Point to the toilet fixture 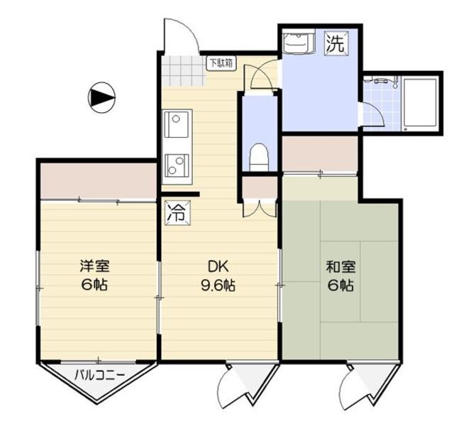click(259, 154)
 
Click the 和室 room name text click(340, 268)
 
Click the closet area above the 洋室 click(98, 181)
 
